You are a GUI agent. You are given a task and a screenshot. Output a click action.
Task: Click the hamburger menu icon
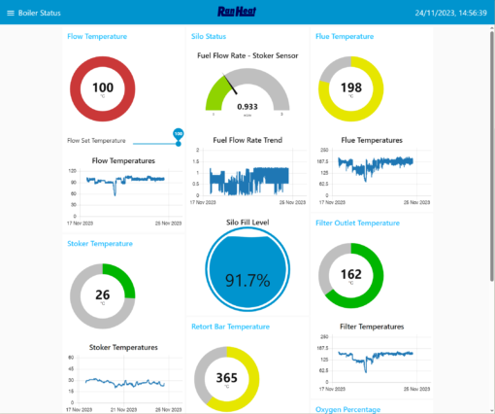point(10,13)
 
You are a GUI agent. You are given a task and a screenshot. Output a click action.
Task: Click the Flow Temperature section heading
point(97,36)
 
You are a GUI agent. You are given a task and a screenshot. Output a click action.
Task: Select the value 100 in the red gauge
point(103,87)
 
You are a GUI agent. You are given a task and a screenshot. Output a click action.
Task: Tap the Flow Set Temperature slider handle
point(178,134)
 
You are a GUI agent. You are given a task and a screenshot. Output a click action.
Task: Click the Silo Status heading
point(210,36)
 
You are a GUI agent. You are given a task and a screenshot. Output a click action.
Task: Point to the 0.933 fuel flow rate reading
point(247,106)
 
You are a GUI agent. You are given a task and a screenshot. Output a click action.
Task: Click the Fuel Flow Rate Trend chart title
point(247,140)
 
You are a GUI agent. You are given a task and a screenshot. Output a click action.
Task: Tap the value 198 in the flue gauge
point(351,87)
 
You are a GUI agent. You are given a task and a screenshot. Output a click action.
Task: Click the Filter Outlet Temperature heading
point(358,223)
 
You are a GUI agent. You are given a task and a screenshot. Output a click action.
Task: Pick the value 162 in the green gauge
point(351,274)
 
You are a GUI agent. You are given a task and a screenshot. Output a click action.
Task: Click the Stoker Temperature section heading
point(100,244)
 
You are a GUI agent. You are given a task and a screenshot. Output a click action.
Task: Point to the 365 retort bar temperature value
point(227,378)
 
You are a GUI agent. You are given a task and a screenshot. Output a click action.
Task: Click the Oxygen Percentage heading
point(347,409)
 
